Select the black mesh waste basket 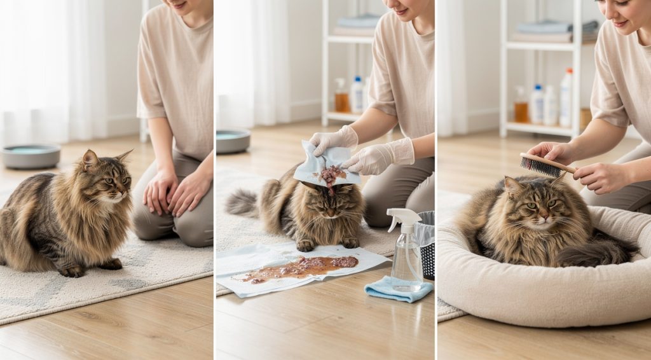[425, 245]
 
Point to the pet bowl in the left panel [31, 155]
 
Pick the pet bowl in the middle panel [233, 141]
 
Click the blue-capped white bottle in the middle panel [358, 95]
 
